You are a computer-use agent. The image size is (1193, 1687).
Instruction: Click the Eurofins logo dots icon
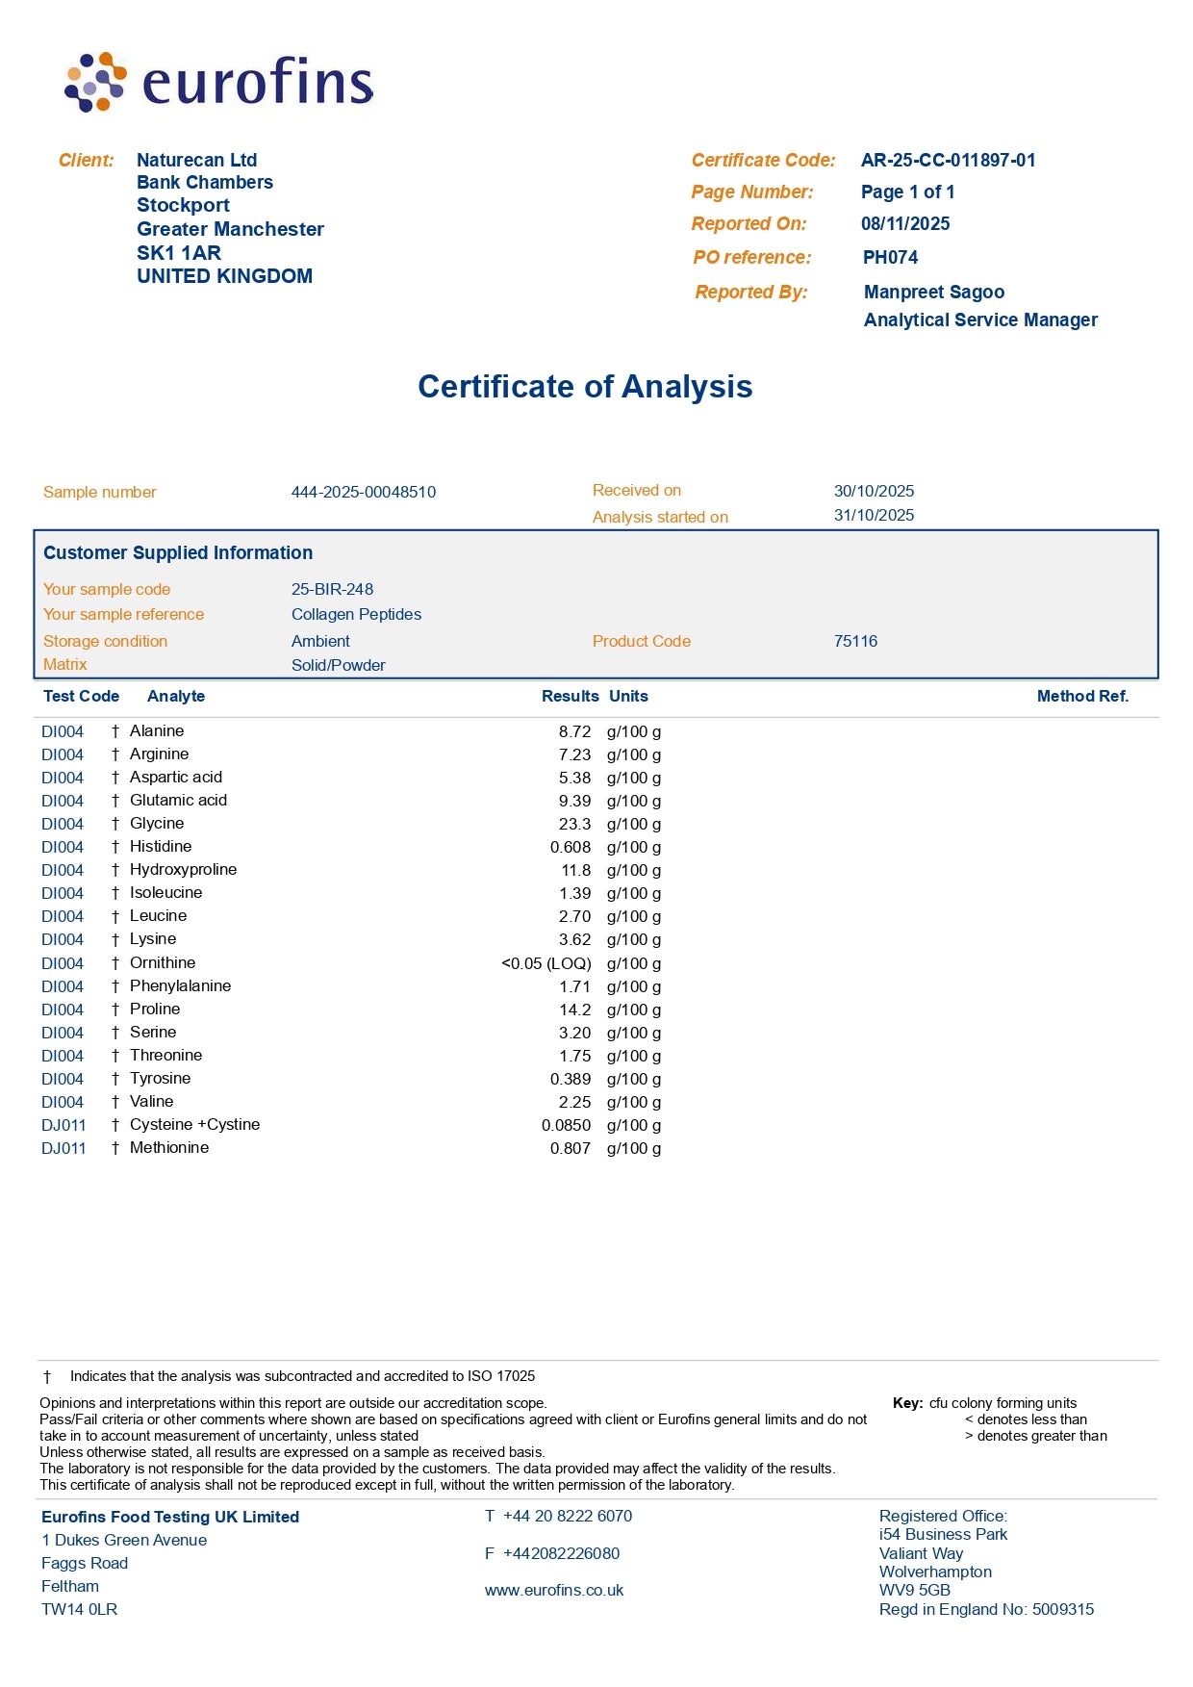click(94, 82)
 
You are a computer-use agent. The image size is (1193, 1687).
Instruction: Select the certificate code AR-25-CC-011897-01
click(948, 161)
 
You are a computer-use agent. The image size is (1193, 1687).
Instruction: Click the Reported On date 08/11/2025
click(904, 224)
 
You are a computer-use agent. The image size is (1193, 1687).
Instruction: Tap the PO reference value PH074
click(890, 258)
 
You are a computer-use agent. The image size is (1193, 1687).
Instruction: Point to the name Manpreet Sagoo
click(933, 293)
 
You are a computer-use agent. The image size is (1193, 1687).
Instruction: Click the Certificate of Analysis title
click(585, 387)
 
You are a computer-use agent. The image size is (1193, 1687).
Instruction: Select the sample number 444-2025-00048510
click(363, 493)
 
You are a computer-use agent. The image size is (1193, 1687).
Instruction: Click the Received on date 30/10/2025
click(874, 491)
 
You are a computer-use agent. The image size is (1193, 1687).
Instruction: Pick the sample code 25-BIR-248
click(332, 590)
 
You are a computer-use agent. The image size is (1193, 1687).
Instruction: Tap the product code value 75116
click(855, 642)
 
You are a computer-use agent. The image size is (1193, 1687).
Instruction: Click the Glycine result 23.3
click(574, 825)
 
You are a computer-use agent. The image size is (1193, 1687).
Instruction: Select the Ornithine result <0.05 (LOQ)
click(546, 964)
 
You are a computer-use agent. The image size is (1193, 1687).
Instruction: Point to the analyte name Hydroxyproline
click(183, 870)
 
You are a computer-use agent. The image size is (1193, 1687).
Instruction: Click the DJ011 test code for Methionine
click(63, 1149)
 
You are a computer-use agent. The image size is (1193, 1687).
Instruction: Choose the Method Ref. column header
click(1082, 697)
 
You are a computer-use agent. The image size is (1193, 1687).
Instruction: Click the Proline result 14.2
click(574, 1010)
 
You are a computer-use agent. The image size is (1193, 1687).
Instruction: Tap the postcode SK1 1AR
click(179, 253)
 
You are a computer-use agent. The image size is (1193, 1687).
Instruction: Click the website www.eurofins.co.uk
click(554, 1591)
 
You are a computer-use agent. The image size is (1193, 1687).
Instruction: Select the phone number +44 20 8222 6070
click(568, 1517)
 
